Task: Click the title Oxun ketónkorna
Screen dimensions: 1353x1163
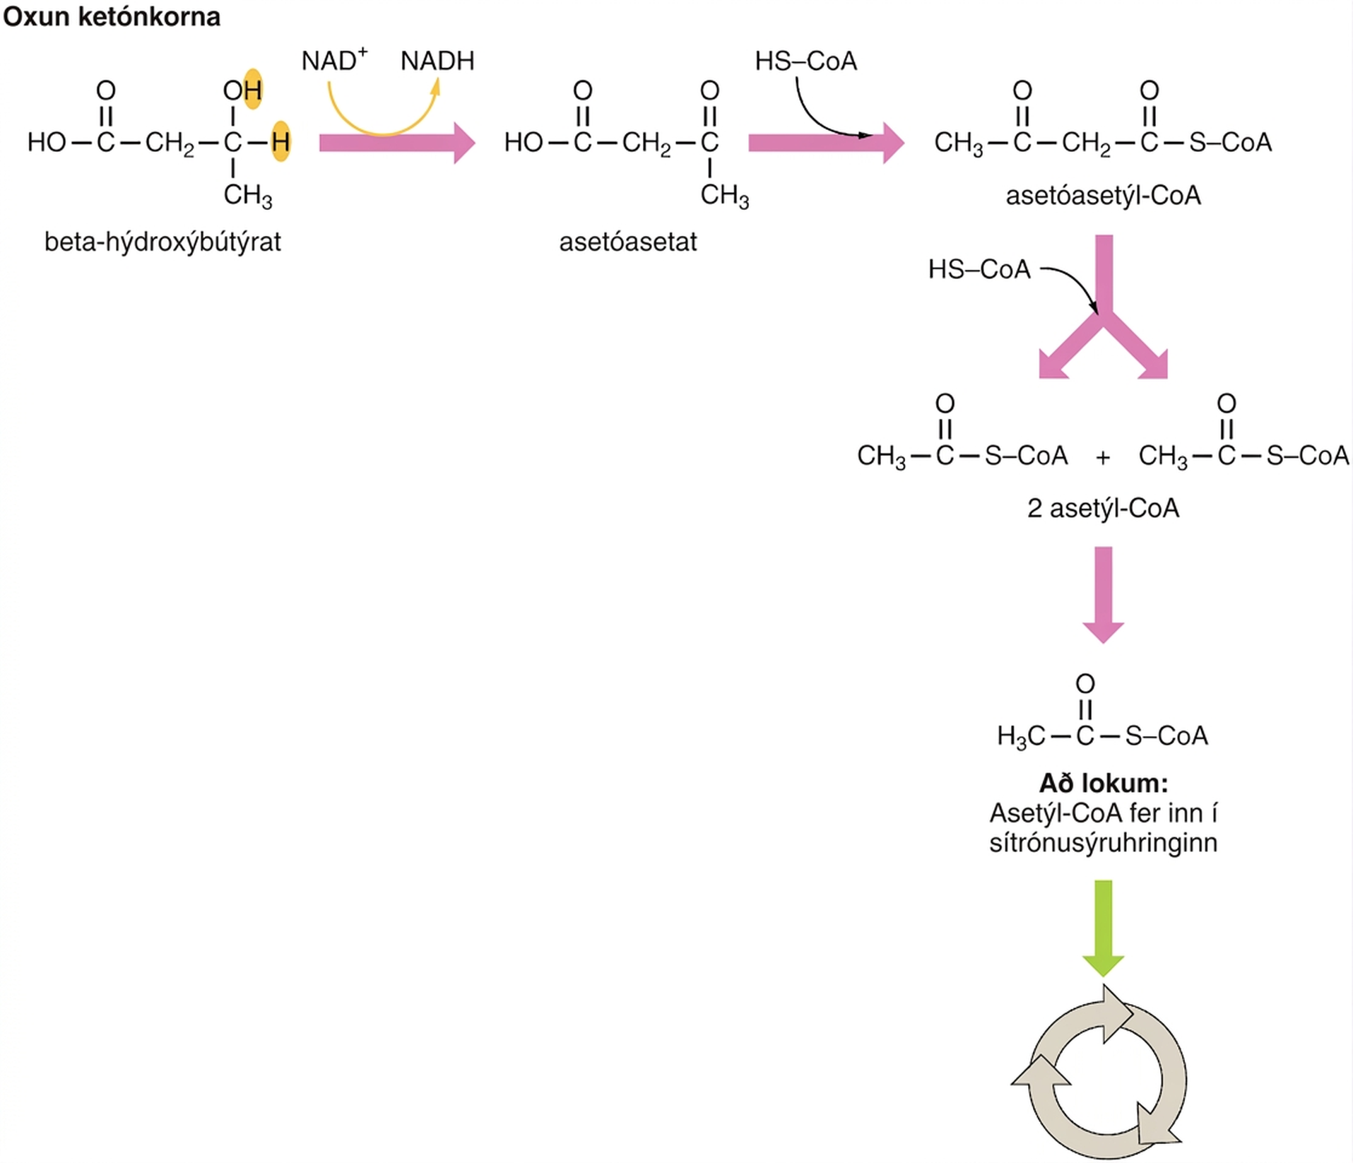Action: pyautogui.click(x=112, y=16)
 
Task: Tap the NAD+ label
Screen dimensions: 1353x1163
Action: pyautogui.click(x=334, y=60)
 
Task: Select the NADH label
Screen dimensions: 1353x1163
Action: pyautogui.click(x=437, y=61)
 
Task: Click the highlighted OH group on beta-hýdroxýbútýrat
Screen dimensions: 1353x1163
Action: pyautogui.click(x=243, y=90)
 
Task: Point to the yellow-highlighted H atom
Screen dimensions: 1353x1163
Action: pyautogui.click(x=280, y=142)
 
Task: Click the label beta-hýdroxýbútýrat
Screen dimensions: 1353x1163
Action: pyautogui.click(x=163, y=242)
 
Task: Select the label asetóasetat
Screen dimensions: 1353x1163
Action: pyautogui.click(x=627, y=242)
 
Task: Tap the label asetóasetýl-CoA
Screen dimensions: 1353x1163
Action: pyautogui.click(x=1103, y=196)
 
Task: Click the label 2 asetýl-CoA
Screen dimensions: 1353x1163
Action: pyautogui.click(x=1103, y=508)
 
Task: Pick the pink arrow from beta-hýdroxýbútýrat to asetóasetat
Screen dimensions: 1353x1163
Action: pyautogui.click(x=397, y=143)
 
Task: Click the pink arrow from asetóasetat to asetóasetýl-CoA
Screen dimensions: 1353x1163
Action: pyautogui.click(x=826, y=143)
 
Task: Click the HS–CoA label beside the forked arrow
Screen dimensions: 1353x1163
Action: pyautogui.click(x=979, y=269)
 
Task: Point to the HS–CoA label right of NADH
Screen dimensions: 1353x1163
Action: pyautogui.click(x=805, y=61)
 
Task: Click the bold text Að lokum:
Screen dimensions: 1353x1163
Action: pyautogui.click(x=1103, y=783)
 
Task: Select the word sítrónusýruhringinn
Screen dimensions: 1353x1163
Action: pyautogui.click(x=1103, y=843)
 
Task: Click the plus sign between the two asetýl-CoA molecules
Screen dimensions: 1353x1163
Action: pyautogui.click(x=1102, y=457)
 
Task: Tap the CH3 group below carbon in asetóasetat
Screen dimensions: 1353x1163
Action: pyautogui.click(x=724, y=195)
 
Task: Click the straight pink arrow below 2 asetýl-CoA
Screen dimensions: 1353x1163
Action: pyautogui.click(x=1103, y=595)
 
